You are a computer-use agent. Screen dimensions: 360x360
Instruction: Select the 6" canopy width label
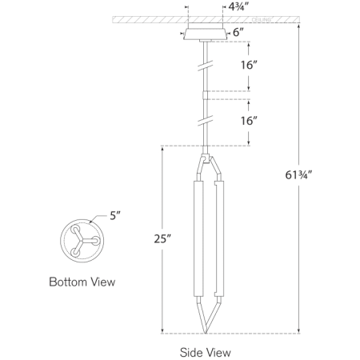point(238,33)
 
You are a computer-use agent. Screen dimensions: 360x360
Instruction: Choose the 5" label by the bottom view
point(117,214)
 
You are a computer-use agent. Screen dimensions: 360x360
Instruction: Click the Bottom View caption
point(82,282)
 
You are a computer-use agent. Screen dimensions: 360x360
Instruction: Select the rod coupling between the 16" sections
point(206,94)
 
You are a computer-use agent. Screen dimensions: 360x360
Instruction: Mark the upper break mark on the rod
point(206,66)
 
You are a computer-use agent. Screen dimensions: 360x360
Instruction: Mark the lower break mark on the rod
point(206,122)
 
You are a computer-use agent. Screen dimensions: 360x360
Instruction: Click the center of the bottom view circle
point(82,238)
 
